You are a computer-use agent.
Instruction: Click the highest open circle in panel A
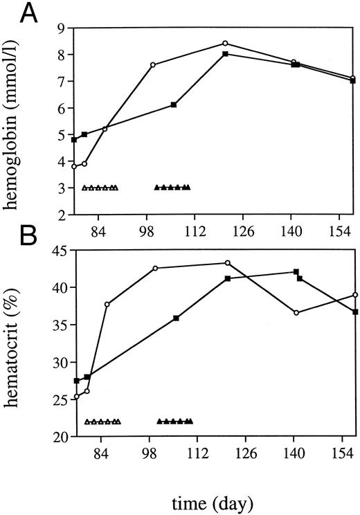(225, 43)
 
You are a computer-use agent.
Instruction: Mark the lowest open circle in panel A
(74, 166)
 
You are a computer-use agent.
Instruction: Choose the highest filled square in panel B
(296, 272)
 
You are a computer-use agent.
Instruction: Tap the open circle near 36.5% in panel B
(296, 313)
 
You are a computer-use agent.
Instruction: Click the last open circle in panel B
(355, 295)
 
